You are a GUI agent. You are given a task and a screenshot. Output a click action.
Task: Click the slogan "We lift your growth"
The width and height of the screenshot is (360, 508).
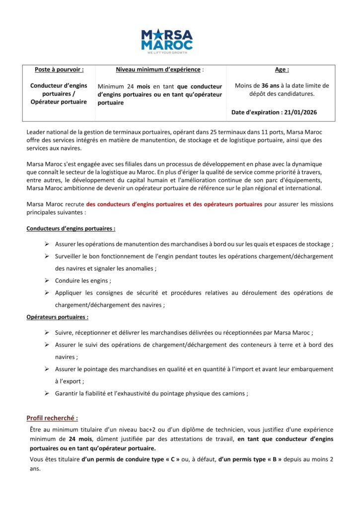pyautogui.click(x=166, y=51)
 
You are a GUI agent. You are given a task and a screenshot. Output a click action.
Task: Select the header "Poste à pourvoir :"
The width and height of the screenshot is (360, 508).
pyautogui.click(x=59, y=70)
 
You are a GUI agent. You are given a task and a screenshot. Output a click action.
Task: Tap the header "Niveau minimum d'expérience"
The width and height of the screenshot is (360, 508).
pyautogui.click(x=160, y=70)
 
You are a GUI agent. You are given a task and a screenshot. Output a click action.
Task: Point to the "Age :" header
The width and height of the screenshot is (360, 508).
pyautogui.click(x=282, y=70)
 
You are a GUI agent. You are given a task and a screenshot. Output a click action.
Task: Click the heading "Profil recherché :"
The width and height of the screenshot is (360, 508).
pyautogui.click(x=52, y=418)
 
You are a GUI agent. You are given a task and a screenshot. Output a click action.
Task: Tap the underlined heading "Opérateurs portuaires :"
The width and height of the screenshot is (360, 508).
pyautogui.click(x=58, y=317)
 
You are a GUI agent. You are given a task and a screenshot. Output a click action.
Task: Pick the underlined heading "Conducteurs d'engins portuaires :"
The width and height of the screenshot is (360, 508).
pyautogui.click(x=71, y=229)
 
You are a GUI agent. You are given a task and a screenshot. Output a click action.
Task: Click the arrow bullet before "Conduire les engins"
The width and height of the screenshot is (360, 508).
pyautogui.click(x=46, y=280)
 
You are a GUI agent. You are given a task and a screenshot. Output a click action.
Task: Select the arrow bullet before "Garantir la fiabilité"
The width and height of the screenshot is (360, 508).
pyautogui.click(x=46, y=393)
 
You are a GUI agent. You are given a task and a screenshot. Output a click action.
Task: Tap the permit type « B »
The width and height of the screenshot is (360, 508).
pyautogui.click(x=274, y=459)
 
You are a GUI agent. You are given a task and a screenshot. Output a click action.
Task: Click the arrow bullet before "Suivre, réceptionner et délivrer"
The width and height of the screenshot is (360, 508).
pyautogui.click(x=46, y=333)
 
